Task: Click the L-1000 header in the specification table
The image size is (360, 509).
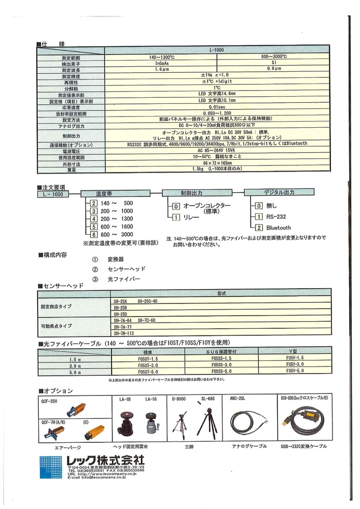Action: tap(217, 50)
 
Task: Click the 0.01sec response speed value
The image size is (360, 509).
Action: tap(216, 108)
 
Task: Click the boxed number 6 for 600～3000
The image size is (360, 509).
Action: tap(94, 234)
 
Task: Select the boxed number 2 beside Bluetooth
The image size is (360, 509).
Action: tap(259, 228)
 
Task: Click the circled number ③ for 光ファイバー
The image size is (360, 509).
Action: tap(95, 279)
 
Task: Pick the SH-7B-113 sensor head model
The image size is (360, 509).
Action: tap(124, 333)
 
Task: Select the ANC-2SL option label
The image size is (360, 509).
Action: tap(239, 399)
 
